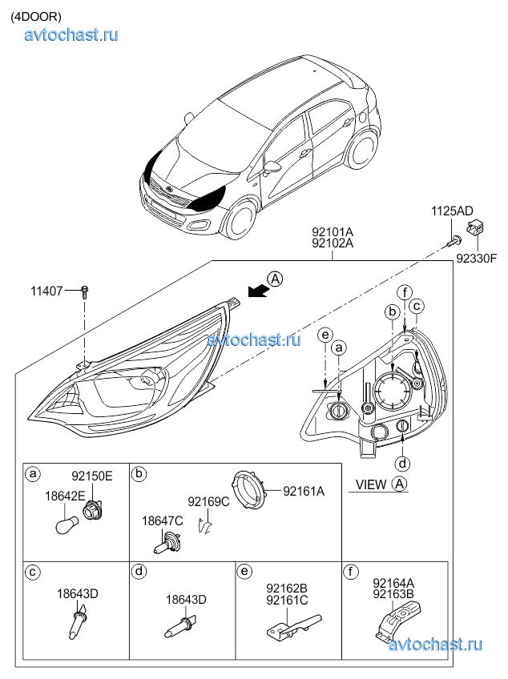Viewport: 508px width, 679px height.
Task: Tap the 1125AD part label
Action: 452,211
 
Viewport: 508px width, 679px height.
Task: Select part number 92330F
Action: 477,258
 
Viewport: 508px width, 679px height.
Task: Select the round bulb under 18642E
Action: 66,524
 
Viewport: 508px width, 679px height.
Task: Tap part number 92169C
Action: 208,501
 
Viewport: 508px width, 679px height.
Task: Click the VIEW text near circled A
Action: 370,484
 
